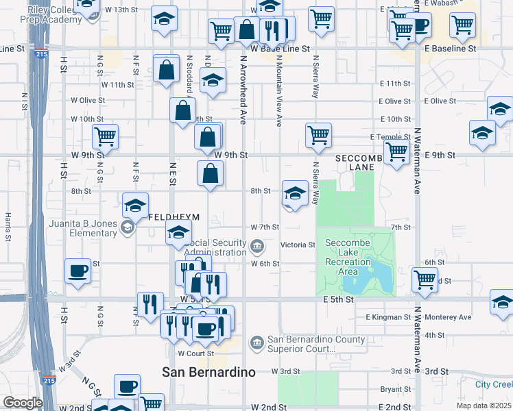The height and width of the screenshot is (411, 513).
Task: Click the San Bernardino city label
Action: tap(208, 372)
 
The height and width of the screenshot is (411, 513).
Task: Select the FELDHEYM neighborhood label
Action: tap(174, 217)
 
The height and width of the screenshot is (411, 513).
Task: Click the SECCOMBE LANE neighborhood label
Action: tap(359, 162)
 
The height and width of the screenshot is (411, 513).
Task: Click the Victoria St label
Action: tap(298, 245)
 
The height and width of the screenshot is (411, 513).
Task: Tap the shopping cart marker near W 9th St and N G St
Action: tap(105, 136)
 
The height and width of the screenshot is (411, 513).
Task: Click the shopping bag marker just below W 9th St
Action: tap(210, 174)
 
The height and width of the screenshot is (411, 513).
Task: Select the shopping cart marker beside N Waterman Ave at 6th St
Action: tap(425, 279)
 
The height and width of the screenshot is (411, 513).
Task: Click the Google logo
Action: tap(23, 403)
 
